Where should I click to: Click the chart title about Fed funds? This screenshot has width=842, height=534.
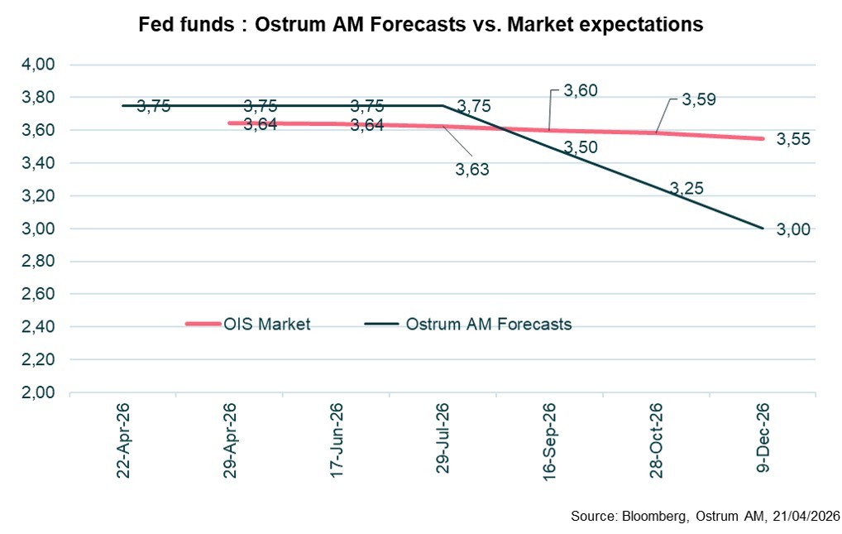tap(420, 25)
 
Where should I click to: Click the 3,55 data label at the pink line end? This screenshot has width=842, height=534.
tap(793, 140)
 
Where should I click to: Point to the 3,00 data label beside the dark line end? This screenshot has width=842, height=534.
tap(793, 229)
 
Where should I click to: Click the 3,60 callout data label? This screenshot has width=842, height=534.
tap(580, 90)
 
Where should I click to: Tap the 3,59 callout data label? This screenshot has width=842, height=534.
tap(698, 99)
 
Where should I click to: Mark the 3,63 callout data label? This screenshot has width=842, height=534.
tap(473, 170)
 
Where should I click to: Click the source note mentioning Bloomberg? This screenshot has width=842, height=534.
tap(705, 517)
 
